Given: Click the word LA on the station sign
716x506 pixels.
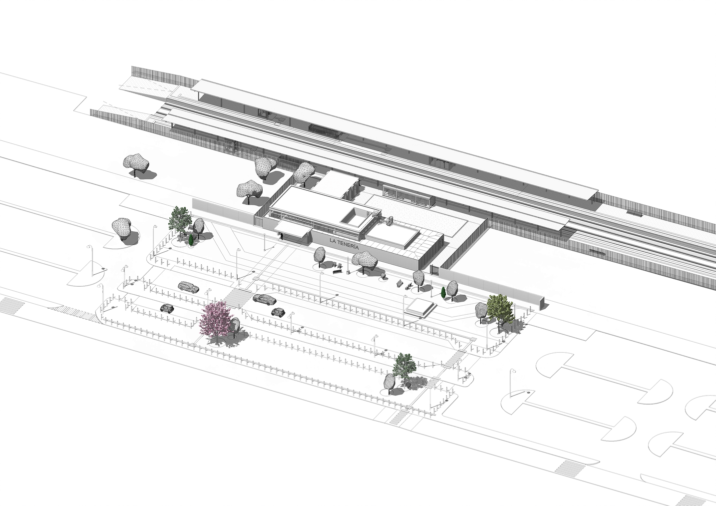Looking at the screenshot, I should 334,240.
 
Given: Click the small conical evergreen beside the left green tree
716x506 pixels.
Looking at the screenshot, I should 192,240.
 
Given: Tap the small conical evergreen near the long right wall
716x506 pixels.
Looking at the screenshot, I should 443,292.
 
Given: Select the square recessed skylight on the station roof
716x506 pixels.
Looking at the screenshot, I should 357,216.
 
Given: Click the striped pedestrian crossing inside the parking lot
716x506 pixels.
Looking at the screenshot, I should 237,297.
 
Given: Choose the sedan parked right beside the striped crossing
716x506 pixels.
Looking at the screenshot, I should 264,299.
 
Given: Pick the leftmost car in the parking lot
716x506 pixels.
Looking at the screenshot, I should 166,308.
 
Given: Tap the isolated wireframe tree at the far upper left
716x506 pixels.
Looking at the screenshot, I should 136,163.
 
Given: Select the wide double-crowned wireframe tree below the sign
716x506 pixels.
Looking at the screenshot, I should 364,260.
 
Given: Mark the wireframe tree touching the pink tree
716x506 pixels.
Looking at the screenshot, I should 235,326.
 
